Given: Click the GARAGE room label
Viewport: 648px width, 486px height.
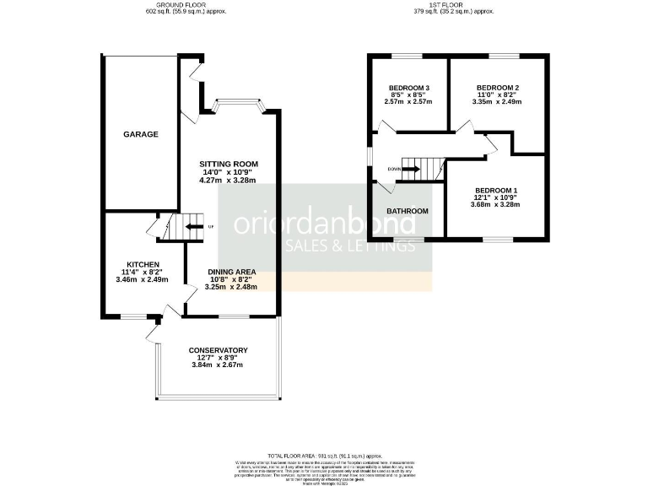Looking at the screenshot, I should [141, 134].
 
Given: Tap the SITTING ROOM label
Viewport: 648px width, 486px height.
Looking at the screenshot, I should [229, 164].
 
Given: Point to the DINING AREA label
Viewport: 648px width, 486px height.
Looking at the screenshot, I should [231, 272].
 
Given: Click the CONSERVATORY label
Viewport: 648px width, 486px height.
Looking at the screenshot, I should [218, 350].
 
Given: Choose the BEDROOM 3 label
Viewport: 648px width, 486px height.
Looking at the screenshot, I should [409, 89].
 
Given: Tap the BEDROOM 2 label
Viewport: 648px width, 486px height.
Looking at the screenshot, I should [497, 89].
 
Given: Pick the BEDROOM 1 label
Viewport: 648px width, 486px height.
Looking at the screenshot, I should [496, 190].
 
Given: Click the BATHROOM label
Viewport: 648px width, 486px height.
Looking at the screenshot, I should [408, 211].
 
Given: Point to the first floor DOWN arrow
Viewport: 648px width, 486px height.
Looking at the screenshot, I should [411, 169].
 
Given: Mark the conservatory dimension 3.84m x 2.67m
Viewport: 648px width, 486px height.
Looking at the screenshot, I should [218, 364].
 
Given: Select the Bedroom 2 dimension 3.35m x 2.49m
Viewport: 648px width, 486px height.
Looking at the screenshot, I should [497, 102].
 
